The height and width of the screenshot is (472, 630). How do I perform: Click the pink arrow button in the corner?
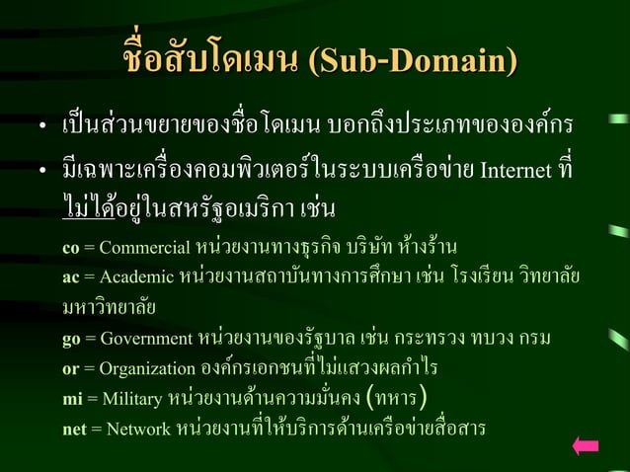[586, 446]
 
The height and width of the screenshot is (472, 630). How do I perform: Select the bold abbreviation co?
[70, 246]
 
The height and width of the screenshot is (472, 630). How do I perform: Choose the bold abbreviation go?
[70, 339]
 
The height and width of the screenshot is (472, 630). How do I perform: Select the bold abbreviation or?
[70, 369]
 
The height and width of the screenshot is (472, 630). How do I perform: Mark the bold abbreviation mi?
[71, 400]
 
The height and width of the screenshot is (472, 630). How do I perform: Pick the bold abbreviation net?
[74, 431]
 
